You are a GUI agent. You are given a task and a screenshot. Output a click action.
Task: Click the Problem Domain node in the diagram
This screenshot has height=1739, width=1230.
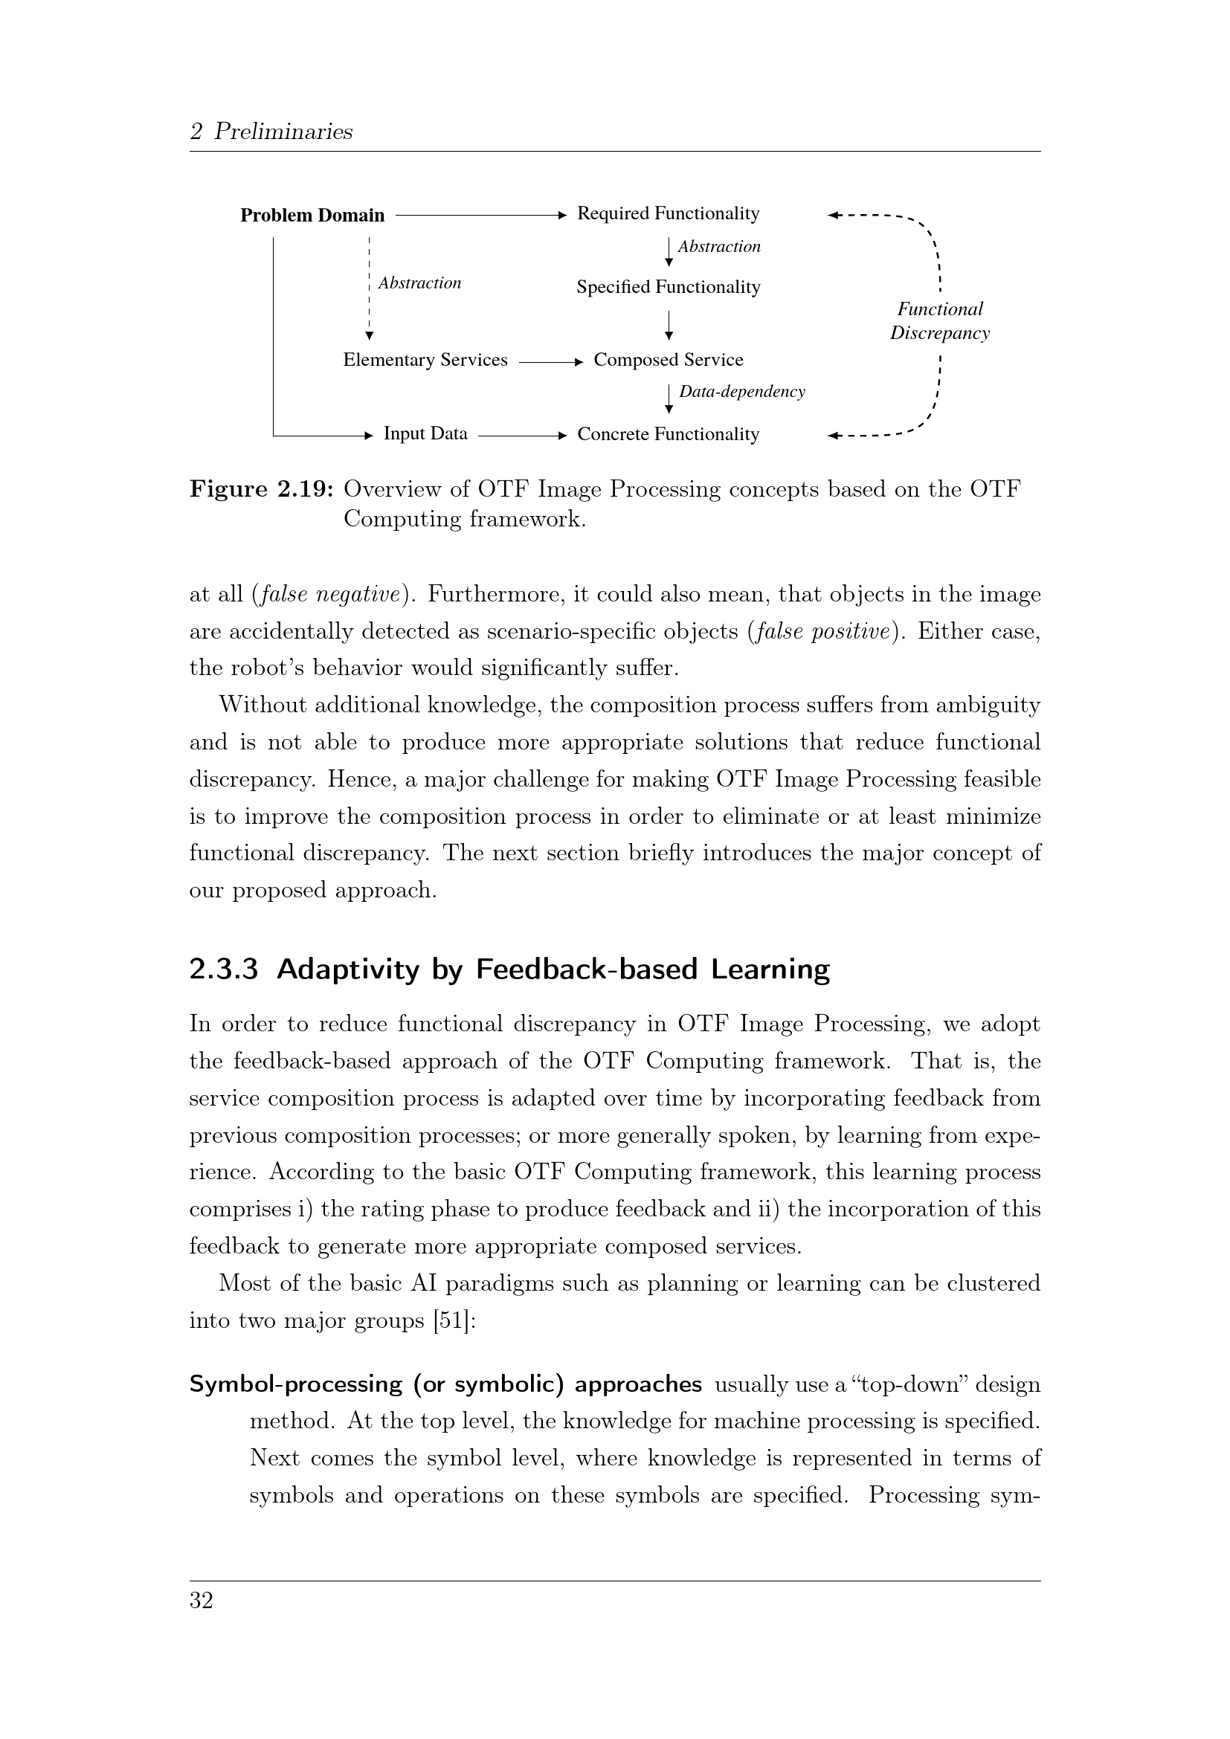(312, 216)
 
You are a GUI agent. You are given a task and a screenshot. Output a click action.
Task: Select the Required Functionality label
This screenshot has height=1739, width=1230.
(668, 213)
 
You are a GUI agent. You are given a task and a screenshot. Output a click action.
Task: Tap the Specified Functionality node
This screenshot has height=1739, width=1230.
(668, 287)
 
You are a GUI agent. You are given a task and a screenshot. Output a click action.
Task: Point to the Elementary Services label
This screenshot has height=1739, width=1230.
(425, 360)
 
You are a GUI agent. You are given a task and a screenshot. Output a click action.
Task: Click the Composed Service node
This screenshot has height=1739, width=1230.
(668, 360)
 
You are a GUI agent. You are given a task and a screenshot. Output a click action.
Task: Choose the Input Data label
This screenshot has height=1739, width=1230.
(425, 434)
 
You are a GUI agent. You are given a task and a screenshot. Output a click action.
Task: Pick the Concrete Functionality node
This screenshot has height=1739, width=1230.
(668, 435)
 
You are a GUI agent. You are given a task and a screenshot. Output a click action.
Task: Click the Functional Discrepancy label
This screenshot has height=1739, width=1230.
(939, 321)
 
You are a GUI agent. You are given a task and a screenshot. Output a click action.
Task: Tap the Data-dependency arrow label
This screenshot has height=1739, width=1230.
(741, 392)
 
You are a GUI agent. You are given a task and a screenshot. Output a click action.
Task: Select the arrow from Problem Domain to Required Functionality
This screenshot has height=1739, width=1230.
(480, 216)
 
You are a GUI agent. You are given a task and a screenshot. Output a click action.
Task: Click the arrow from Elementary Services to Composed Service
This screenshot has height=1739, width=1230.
(550, 362)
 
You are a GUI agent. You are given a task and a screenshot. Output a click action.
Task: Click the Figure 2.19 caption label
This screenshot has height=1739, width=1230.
(261, 489)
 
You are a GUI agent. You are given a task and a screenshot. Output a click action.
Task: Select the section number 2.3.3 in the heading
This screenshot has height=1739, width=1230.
(224, 969)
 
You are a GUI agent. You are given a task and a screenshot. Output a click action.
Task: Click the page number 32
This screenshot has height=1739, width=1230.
(202, 1601)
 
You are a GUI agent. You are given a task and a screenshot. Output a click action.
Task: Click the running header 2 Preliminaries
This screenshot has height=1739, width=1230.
(271, 132)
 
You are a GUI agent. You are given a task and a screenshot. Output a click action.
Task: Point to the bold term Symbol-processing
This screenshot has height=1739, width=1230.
(295, 1384)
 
